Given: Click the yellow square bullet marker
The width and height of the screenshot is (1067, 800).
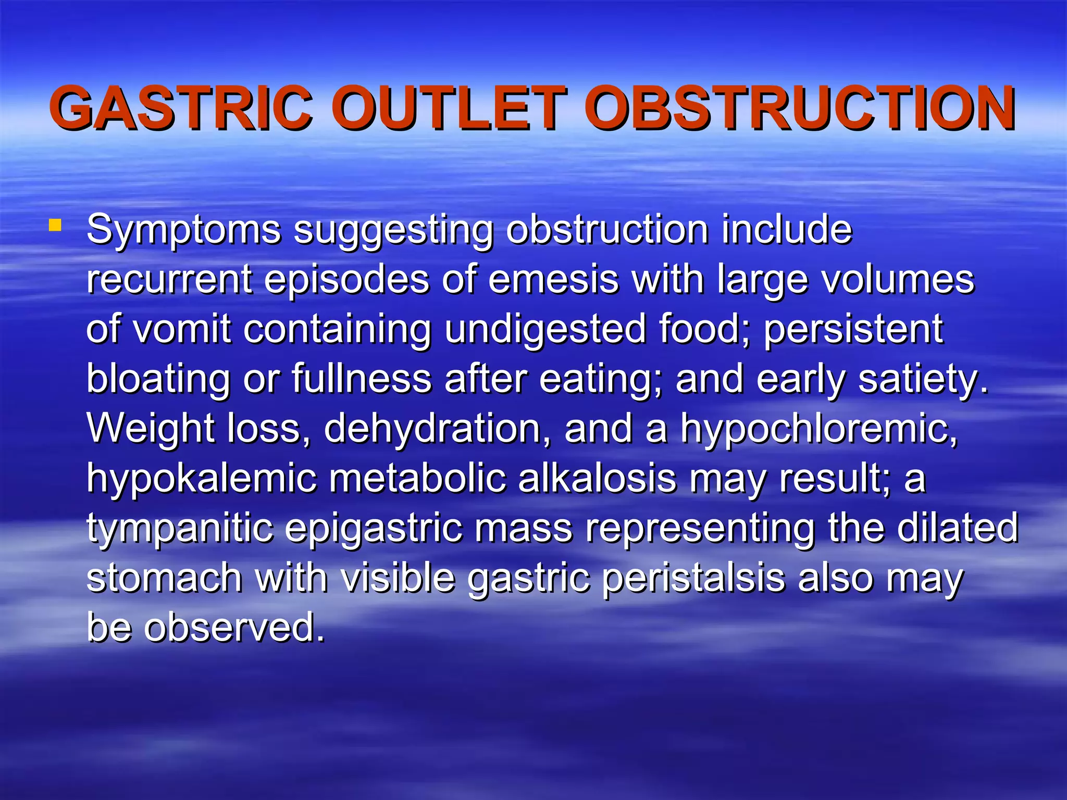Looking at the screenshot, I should [55, 226].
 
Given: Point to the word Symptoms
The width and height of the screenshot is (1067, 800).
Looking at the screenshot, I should [183, 230].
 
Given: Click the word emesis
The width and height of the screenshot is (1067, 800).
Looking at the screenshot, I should [553, 280].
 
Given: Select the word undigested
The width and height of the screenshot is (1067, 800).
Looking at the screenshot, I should [545, 329].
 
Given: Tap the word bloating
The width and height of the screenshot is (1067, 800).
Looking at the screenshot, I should [158, 379].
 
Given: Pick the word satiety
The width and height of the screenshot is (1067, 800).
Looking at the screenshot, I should [923, 379].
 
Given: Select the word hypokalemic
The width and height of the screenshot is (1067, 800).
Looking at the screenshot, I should [201, 478].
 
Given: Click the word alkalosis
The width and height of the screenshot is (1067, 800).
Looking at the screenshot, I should [597, 478].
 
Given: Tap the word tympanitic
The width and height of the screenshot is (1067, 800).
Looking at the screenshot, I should [180, 528].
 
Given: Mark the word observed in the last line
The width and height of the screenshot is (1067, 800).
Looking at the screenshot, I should [234, 627].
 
